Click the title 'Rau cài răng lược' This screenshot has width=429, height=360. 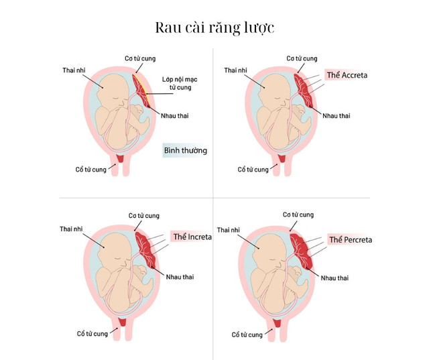click(x=214, y=28)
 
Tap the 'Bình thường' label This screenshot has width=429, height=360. click(x=186, y=150)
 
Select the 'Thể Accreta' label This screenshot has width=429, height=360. click(x=347, y=75)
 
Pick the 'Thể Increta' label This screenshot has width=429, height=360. click(x=192, y=237)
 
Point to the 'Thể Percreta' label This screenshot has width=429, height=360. click(x=351, y=239)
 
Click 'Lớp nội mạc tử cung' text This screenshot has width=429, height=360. click(x=180, y=83)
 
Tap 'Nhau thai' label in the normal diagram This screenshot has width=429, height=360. click(x=174, y=116)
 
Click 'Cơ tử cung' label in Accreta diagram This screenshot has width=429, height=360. click(x=302, y=58)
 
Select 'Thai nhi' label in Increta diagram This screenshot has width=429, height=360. click(x=71, y=229)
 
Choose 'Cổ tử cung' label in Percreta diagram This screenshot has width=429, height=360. click(x=247, y=335)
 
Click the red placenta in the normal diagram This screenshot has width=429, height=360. click(x=141, y=91)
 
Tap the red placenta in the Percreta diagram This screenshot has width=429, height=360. click(x=301, y=251)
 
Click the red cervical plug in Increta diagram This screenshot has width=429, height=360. click(x=122, y=322)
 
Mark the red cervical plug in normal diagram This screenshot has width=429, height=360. click(x=120, y=158)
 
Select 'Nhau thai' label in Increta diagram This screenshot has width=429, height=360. click(x=180, y=277)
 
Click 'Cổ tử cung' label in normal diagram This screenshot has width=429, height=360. click(x=91, y=170)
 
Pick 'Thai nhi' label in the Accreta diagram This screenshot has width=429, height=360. click(x=235, y=70)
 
